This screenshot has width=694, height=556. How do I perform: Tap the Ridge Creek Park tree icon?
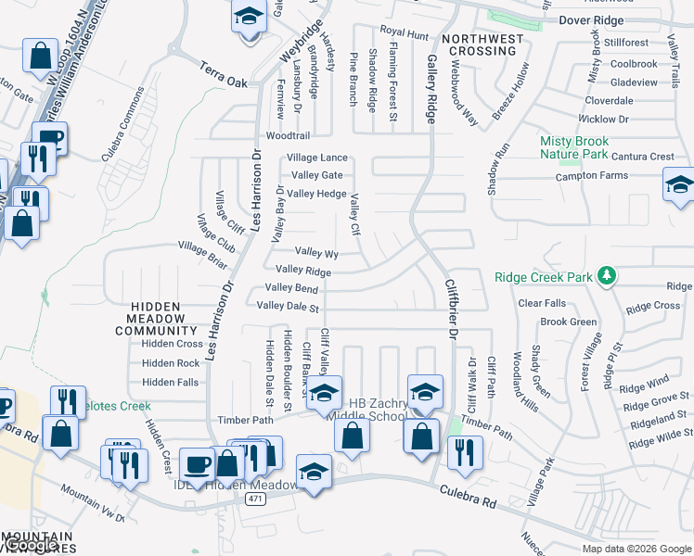pyautogui.click(x=607, y=275)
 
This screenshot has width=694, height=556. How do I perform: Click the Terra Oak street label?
pyautogui.click(x=225, y=75)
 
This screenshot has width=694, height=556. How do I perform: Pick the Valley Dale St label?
pyautogui.click(x=288, y=306)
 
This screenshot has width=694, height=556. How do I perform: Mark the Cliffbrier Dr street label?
pyautogui.click(x=451, y=316)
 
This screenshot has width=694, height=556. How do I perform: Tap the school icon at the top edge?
pyautogui.click(x=248, y=18)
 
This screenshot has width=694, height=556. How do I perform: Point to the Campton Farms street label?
pyautogui.click(x=591, y=176)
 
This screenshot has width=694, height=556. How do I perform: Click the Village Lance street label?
pyautogui.click(x=316, y=158)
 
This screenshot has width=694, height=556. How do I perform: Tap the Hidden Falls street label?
pyautogui.click(x=171, y=382)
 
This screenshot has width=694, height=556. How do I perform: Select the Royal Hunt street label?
pyautogui.click(x=405, y=35)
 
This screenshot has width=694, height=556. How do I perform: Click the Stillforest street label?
pyautogui.click(x=626, y=43)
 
